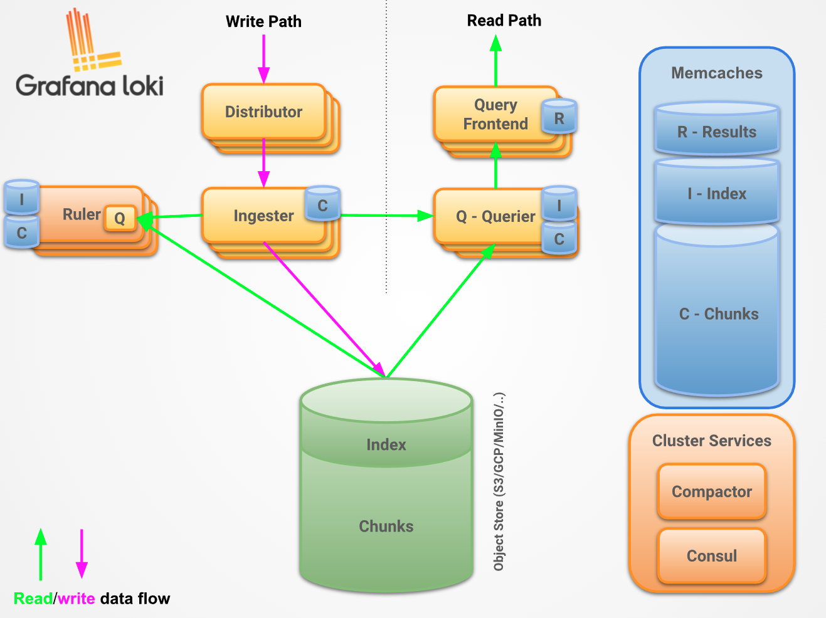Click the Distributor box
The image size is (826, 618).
coord(264,112)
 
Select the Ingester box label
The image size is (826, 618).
coord(263,216)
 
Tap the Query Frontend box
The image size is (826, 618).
coord(495,114)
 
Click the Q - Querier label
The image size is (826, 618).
coord(495,216)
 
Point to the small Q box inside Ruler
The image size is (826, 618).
coord(120,217)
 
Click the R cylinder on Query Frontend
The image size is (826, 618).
coord(559,117)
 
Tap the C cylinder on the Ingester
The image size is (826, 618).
coord(323,203)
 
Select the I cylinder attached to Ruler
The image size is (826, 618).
coord(22,197)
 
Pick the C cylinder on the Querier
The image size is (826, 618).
coord(559,238)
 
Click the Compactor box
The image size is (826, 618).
coord(712,491)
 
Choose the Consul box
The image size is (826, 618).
coord(712,556)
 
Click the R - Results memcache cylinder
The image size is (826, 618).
coord(717,128)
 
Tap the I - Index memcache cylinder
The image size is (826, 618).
coord(717,191)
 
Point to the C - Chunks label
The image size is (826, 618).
coord(719,314)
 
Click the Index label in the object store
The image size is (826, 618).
coord(386,445)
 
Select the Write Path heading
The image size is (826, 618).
coord(263,21)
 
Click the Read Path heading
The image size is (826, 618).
coord(504,20)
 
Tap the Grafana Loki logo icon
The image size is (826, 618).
coord(93,40)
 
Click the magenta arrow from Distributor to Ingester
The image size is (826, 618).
coord(264,163)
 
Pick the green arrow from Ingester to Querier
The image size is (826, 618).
coord(387,216)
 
